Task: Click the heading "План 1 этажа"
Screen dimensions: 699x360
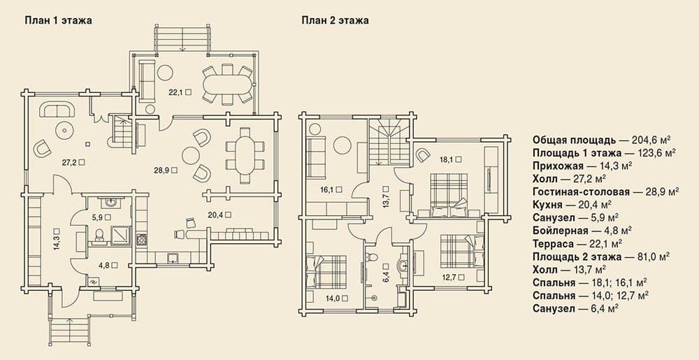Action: pos(58,20)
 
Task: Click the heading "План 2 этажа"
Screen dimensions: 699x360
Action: pos(335,20)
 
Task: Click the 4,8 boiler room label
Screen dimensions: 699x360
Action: pos(108,265)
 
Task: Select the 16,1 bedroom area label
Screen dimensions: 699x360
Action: pos(331,189)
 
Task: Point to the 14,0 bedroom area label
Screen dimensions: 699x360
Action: pos(337,298)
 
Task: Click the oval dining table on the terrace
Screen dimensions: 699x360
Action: pos(227,84)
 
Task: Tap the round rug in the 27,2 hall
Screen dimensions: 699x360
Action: pos(65,131)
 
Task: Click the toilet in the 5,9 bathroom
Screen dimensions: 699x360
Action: pos(100,236)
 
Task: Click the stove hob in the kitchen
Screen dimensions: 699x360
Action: pos(142,240)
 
